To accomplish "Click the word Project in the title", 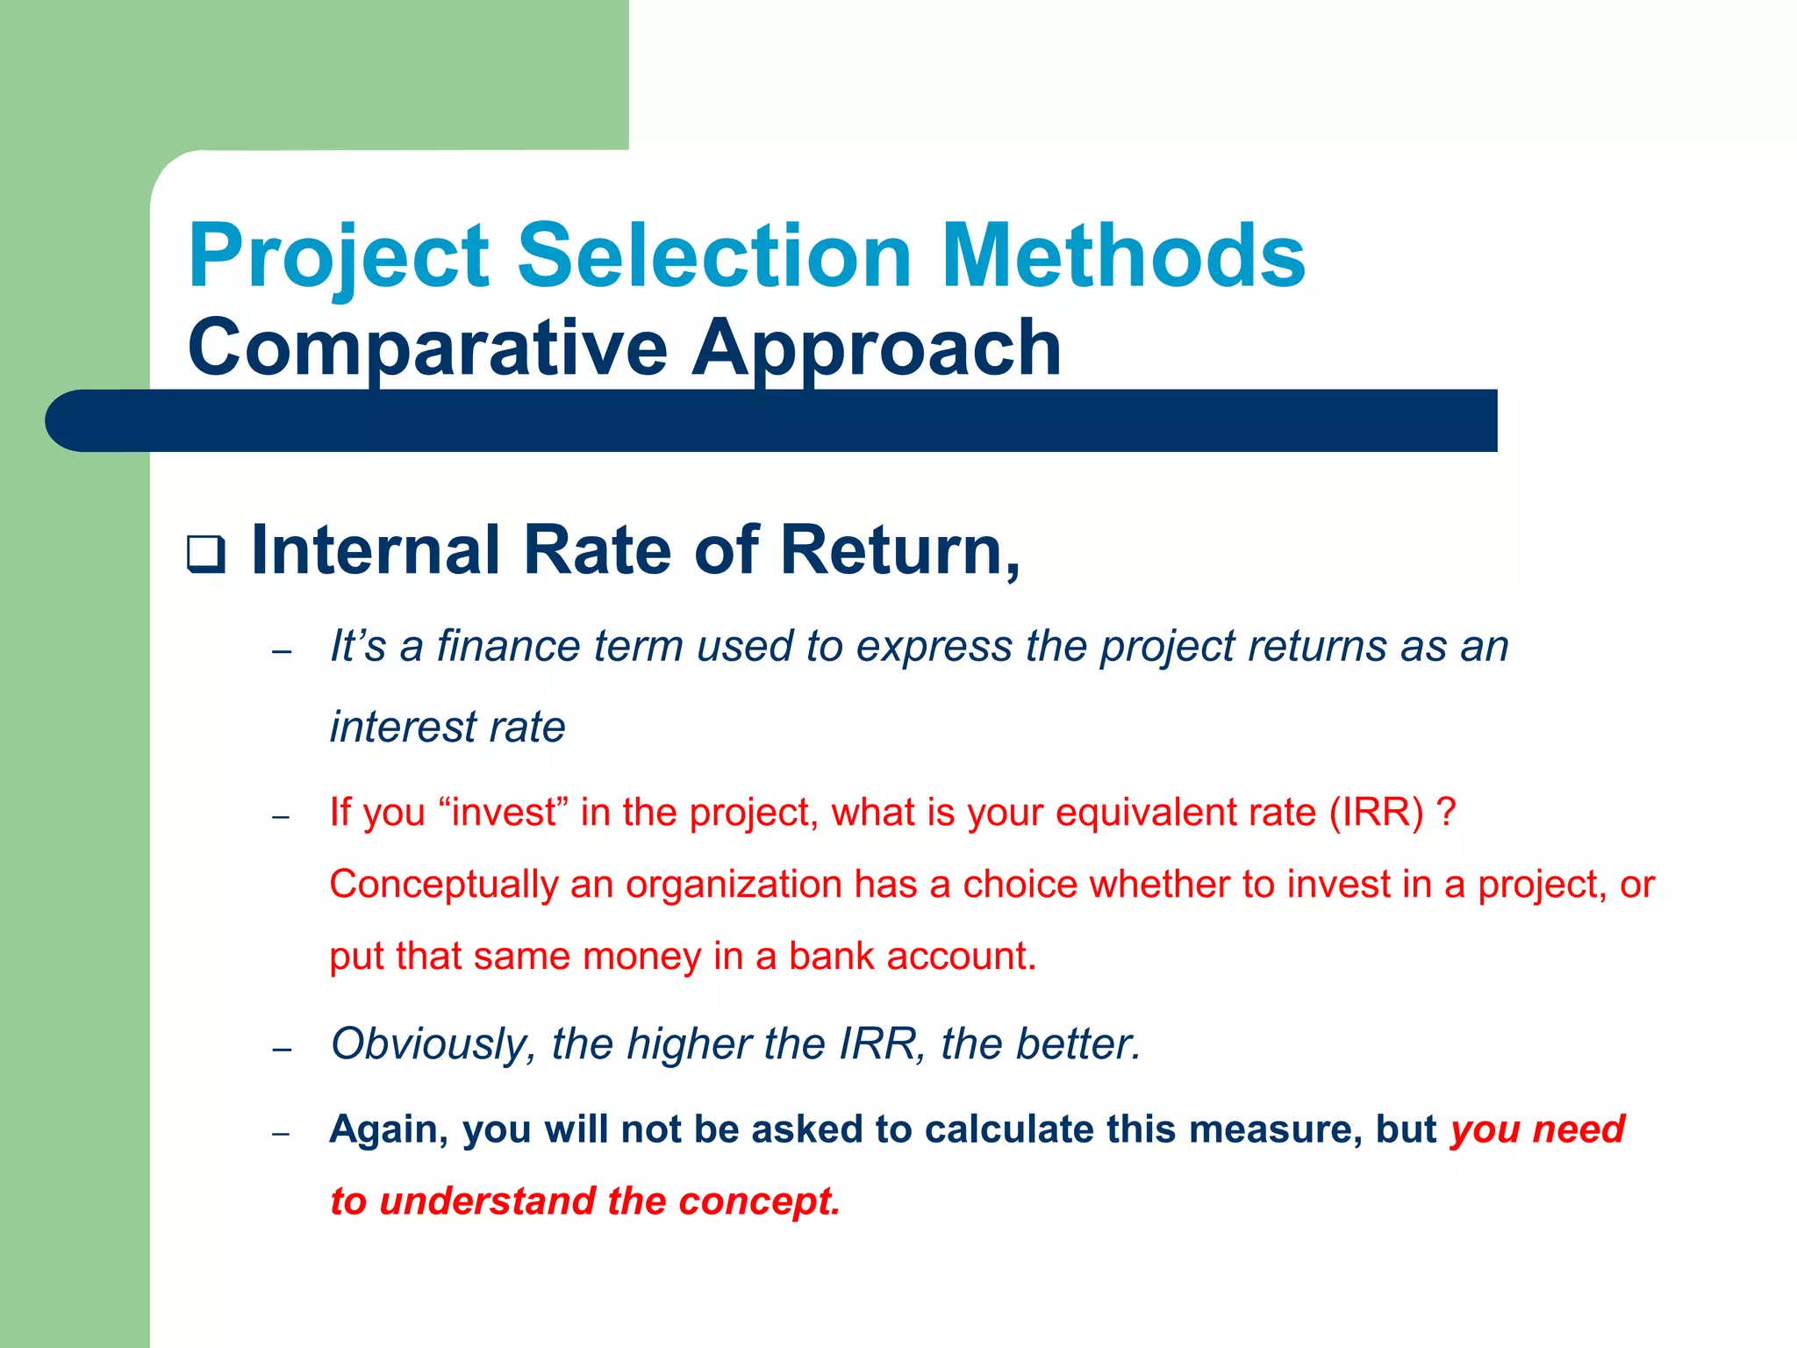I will [x=338, y=256].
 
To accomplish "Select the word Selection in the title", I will [x=714, y=256].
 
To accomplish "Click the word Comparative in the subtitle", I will [x=427, y=349].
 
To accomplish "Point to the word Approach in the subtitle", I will [x=876, y=349].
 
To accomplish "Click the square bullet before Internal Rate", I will [x=206, y=556].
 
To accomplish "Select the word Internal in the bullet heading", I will [x=375, y=551].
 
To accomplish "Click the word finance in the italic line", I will [x=509, y=646].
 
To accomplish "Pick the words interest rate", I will [x=447, y=728].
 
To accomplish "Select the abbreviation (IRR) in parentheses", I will [x=1376, y=812].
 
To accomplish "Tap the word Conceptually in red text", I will [x=443, y=884].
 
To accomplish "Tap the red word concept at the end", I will [x=759, y=1201].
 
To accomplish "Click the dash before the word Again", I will [x=281, y=1134].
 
